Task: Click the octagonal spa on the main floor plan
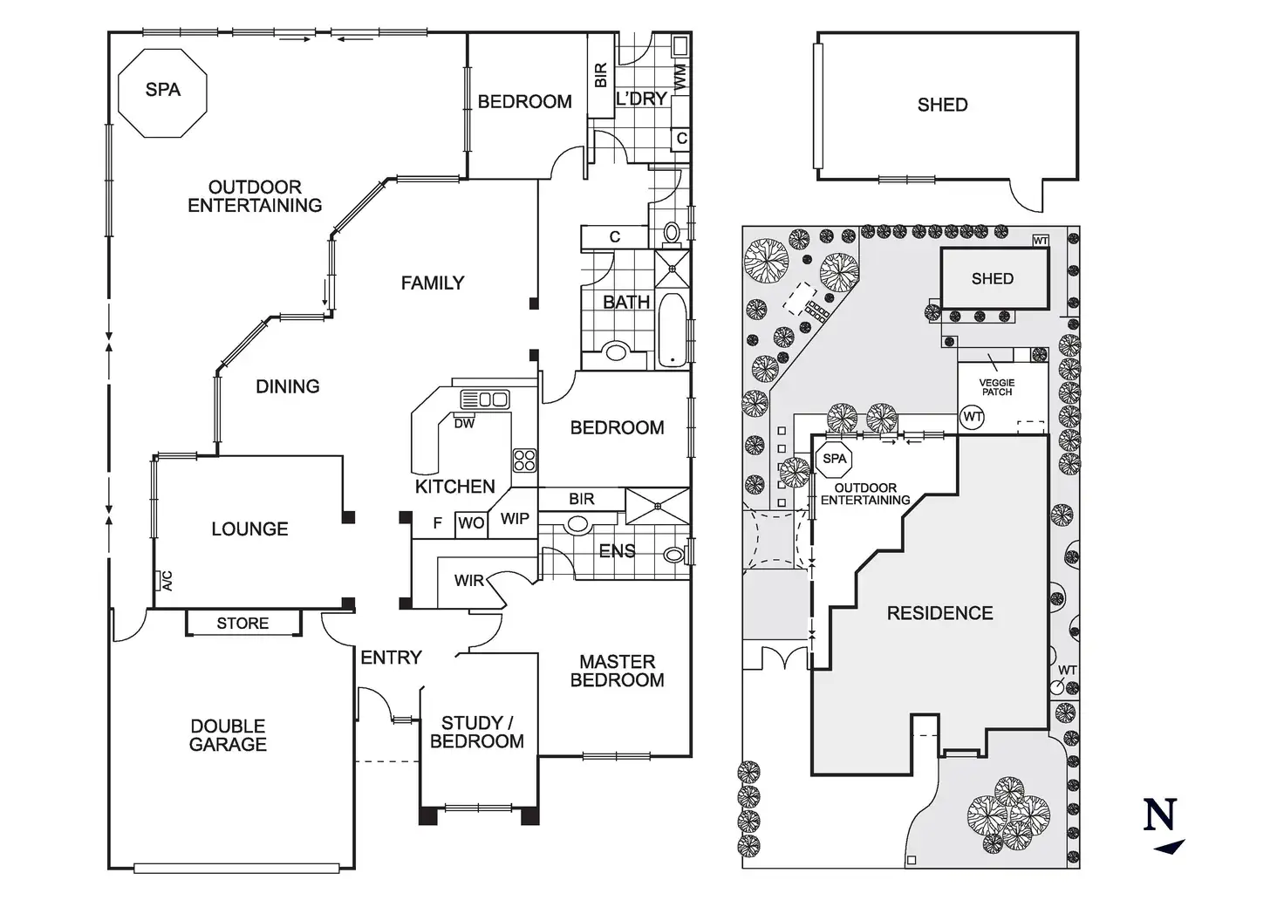coord(162,91)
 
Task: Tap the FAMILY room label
coord(432,283)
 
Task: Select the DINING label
coord(287,386)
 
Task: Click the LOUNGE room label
coord(249,529)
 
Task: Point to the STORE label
coord(242,624)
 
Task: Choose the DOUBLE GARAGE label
coord(228,735)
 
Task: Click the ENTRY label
coord(391,658)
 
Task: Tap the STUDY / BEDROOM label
coord(476,732)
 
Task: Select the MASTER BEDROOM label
coord(617,671)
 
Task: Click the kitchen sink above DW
coord(484,399)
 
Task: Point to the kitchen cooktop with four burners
coord(524,460)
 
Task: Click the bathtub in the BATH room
coord(672,331)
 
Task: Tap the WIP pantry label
coord(515,519)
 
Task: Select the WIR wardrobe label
coord(468,580)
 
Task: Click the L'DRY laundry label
coord(641,99)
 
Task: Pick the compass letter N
coord(1160,815)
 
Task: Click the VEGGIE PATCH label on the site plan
coord(996,387)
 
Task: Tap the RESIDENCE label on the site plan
coord(939,613)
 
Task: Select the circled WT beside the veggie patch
coord(973,417)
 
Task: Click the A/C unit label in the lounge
coord(167,581)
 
